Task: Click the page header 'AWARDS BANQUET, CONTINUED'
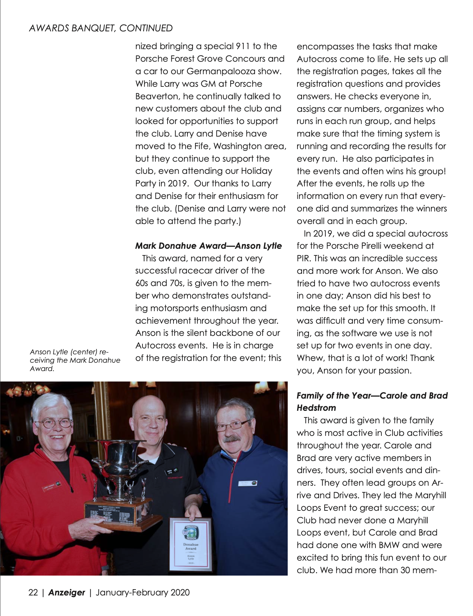(101, 28)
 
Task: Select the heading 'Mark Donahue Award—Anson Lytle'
(208, 246)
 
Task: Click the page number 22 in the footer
(33, 592)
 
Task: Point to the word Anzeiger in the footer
(67, 592)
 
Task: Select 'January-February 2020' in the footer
(142, 592)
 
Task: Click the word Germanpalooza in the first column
(216, 71)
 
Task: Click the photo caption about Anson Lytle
(75, 360)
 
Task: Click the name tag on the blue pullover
(248, 483)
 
